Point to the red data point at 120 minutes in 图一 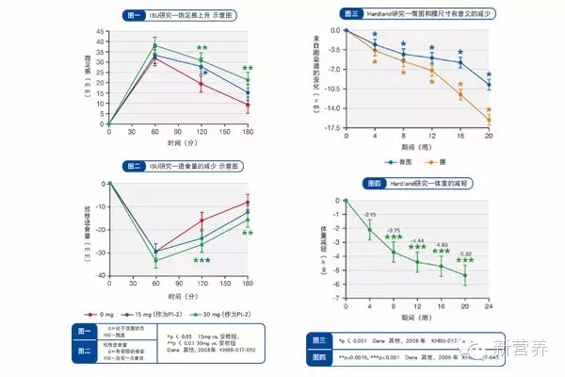202,84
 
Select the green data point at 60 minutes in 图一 155,45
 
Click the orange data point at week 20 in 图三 490,118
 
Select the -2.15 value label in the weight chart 371,215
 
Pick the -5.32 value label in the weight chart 466,254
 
